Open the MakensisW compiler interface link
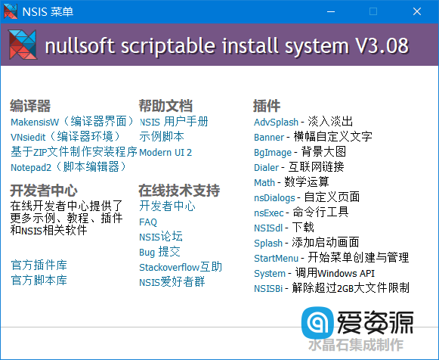[x=72, y=121]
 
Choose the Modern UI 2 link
[x=165, y=152]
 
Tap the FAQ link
[x=148, y=222]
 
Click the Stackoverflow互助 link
[x=181, y=267]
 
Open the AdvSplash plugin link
[x=276, y=122]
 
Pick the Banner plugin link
[x=269, y=137]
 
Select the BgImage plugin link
[x=272, y=152]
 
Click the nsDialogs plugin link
[x=274, y=197]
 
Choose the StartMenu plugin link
[x=275, y=258]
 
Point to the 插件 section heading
[x=266, y=105]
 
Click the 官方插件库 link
[x=39, y=265]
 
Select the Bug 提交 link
[x=159, y=252]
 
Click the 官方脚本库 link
[x=39, y=280]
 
